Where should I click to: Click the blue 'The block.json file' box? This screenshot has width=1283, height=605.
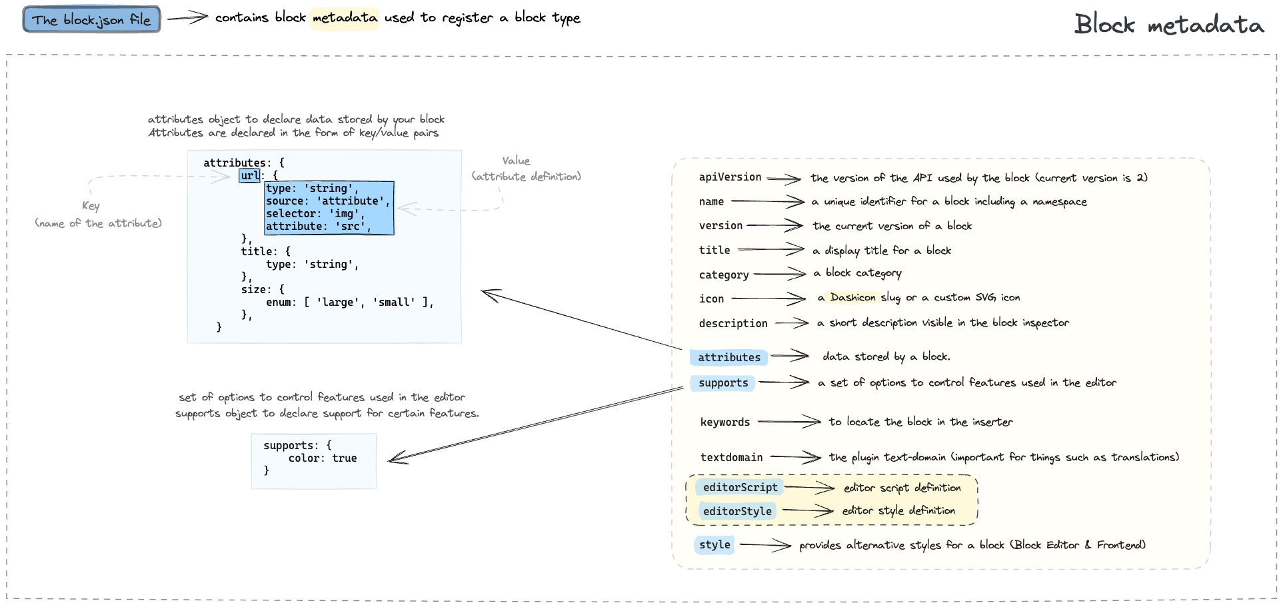coord(92,19)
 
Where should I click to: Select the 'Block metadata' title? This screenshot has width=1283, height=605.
coord(1169,25)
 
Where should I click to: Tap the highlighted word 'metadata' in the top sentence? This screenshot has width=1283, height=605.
coord(345,18)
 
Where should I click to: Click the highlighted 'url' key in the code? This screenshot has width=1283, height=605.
coord(250,176)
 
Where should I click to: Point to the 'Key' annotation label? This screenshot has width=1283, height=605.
coord(91,206)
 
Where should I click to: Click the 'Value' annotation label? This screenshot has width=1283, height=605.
coord(516,161)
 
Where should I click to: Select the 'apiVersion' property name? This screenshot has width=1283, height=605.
coord(730,177)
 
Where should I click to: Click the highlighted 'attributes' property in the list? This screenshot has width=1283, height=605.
coord(729,358)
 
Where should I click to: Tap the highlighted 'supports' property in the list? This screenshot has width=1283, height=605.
coord(723,383)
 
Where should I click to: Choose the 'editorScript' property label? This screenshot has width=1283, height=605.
coord(740,488)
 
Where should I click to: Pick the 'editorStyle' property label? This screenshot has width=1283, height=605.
coord(737,512)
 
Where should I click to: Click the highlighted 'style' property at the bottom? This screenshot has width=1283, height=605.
coord(714,545)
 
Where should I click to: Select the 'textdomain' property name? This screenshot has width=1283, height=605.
coord(731,458)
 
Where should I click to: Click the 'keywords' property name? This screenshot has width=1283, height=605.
coord(725,422)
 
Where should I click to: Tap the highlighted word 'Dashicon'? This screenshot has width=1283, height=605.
coord(853,297)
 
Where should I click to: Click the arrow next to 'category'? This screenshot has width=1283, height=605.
coord(780,274)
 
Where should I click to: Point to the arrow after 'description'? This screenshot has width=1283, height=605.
coord(792,323)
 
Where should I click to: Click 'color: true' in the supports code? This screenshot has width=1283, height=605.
coord(323,458)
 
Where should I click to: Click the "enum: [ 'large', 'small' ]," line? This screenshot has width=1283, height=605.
coord(350,302)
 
